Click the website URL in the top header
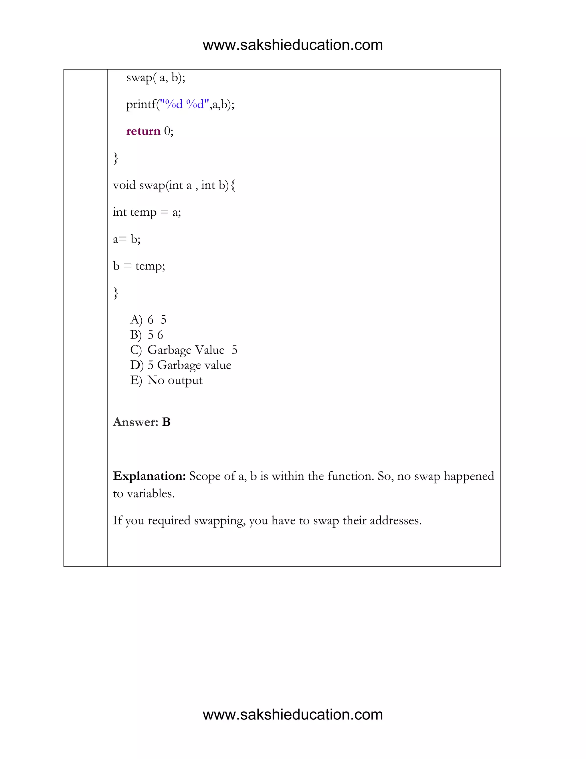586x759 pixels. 293,45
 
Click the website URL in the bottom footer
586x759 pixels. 293,715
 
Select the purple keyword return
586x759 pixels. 143,131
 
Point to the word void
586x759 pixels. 124,185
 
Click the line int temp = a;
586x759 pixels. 147,212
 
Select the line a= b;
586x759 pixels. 127,239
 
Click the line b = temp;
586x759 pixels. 139,266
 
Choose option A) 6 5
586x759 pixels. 149,320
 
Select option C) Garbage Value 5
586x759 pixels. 184,350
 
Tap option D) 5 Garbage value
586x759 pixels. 181,365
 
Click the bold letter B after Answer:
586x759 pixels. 166,422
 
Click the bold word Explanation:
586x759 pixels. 150,476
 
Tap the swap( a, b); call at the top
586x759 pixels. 156,78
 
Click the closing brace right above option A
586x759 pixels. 116,293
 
